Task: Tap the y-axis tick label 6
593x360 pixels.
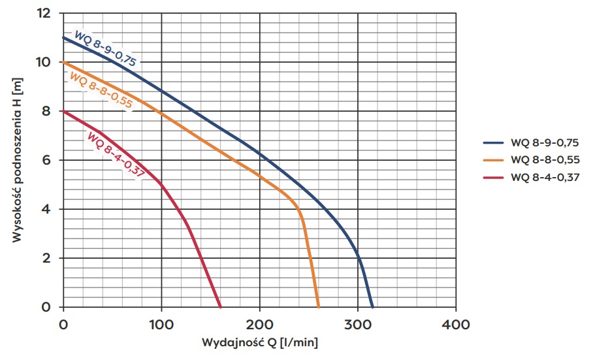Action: coord(48,160)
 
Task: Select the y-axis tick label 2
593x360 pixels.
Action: coord(48,258)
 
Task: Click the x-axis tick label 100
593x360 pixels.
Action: coord(161,323)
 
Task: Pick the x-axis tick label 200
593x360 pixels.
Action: coord(259,323)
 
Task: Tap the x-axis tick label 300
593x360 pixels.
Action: coord(358,323)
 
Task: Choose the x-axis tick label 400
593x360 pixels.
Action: coord(456,323)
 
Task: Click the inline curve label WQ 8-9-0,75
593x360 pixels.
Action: coord(104,49)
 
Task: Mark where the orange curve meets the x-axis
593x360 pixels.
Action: coord(318,306)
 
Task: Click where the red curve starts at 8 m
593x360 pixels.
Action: coord(64,111)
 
